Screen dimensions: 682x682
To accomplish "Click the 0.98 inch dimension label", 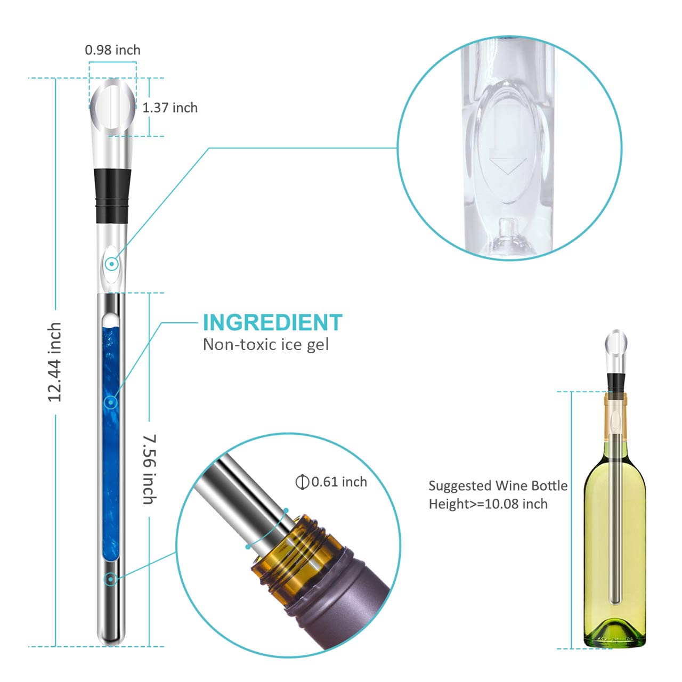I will point(112,50).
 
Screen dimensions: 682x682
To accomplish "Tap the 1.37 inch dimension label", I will point(170,108).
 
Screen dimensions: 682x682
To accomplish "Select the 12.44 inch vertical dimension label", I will point(55,362).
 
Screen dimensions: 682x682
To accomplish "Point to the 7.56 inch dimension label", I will point(150,469).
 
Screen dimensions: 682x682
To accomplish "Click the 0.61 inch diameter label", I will point(339,482).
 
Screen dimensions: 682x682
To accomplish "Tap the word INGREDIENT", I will point(272,322).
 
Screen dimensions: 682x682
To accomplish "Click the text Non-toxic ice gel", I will point(266,345).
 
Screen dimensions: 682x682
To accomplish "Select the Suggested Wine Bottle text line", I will point(498,486).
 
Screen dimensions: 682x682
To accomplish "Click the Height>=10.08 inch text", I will point(488,504).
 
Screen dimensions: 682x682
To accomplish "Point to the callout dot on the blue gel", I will point(111,402).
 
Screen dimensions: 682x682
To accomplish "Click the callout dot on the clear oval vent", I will point(111,263).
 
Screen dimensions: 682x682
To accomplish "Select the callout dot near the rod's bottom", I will point(111,579).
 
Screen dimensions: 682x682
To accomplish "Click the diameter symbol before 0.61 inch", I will point(302,482).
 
